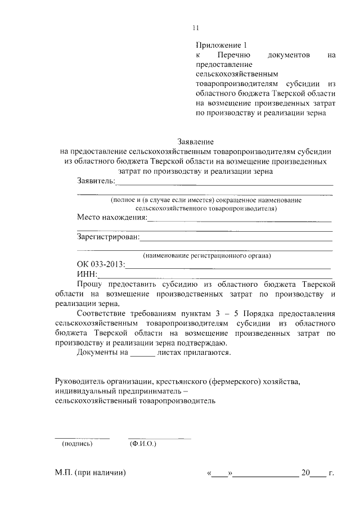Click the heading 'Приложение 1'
tap(221, 44)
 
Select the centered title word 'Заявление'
tap(196, 141)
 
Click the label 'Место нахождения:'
tap(111, 217)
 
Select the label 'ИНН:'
tap(87, 274)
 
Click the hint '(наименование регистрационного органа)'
tap(207, 255)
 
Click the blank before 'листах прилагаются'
tap(142, 353)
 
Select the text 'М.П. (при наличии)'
tap(91, 473)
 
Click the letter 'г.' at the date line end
tap(331, 473)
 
